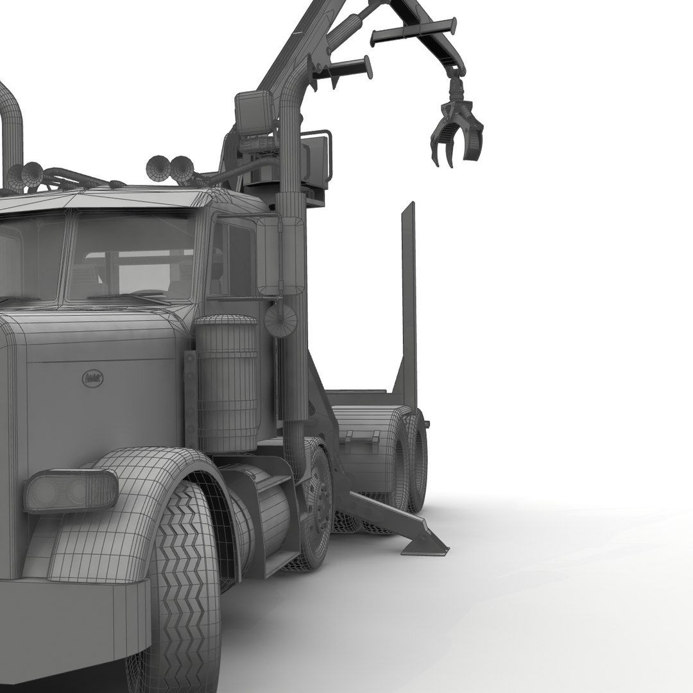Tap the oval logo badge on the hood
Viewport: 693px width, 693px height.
[x=94, y=378]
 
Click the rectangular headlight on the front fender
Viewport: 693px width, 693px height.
[x=71, y=491]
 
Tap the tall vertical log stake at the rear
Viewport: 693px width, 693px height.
[x=409, y=302]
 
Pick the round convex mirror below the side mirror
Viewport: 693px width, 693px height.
[x=280, y=319]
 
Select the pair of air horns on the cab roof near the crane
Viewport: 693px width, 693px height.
[x=169, y=169]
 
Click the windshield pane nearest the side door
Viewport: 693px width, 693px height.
[x=132, y=257]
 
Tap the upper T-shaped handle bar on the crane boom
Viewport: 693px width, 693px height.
[x=414, y=32]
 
